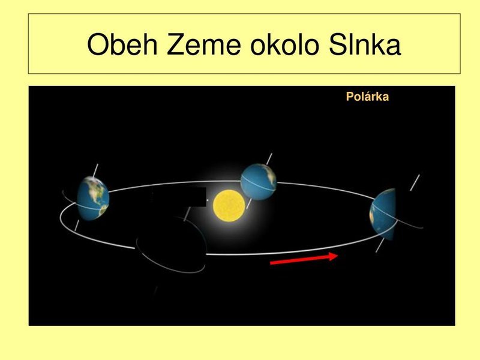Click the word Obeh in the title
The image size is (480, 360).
[122, 44]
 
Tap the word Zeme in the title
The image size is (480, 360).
[204, 44]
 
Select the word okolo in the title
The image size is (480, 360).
[284, 44]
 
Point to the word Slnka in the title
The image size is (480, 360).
[364, 44]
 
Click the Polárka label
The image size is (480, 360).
[367, 97]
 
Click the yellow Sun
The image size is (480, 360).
[229, 205]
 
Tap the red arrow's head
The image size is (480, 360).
[334, 256]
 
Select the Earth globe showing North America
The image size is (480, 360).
[93, 199]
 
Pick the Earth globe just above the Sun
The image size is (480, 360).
[259, 182]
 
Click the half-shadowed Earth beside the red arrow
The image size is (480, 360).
[383, 214]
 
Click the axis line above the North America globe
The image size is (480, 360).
[95, 170]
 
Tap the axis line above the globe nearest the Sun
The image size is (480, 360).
[269, 159]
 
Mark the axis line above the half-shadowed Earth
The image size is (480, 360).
[415, 182]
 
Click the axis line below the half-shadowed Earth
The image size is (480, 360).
[380, 245]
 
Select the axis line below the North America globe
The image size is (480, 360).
[77, 226]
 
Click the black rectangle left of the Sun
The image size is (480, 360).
[179, 197]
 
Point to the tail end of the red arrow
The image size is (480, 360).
[271, 263]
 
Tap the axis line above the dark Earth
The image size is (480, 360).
[187, 214]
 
